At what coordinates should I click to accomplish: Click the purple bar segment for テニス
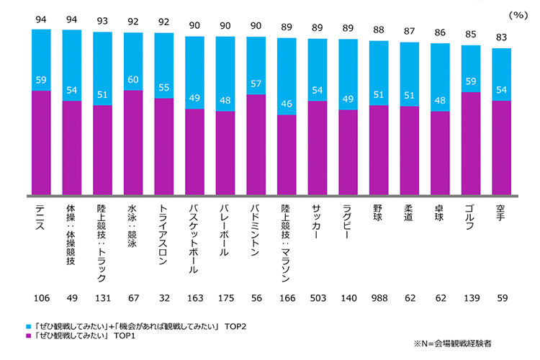pos(41,143)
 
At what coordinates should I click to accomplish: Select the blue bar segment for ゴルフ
pos(471,68)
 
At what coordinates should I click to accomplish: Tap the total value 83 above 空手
pos(502,38)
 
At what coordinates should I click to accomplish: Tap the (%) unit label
pos(517,14)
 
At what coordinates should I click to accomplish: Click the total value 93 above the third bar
pos(102,21)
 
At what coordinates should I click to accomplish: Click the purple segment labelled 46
pos(287,155)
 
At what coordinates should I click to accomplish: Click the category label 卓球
pos(440,215)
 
